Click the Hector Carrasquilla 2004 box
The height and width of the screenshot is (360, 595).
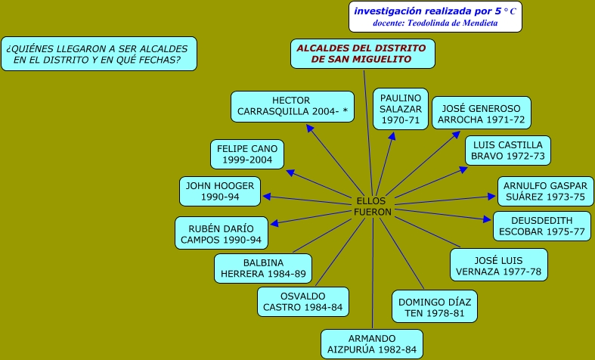click(292, 107)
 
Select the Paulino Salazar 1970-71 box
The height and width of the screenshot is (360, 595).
click(400, 109)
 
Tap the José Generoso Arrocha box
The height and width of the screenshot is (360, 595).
click(481, 113)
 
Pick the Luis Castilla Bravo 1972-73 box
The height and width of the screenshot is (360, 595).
click(507, 151)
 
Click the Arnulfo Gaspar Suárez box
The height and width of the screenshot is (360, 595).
click(545, 191)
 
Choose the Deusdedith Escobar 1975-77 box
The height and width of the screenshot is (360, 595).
click(542, 225)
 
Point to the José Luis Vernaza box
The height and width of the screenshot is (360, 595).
click(499, 265)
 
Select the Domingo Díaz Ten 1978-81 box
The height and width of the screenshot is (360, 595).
click(435, 307)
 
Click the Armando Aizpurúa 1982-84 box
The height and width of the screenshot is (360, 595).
click(371, 344)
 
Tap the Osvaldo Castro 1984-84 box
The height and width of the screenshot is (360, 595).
click(302, 302)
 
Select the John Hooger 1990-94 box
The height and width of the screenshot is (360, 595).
click(220, 191)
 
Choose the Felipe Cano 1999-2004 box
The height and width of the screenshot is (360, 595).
click(247, 154)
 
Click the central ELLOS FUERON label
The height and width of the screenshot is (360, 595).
click(373, 206)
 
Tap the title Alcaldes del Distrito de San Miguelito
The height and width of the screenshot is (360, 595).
click(361, 54)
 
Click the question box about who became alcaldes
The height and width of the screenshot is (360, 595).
click(98, 54)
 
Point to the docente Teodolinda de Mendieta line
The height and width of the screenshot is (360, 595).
click(435, 23)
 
